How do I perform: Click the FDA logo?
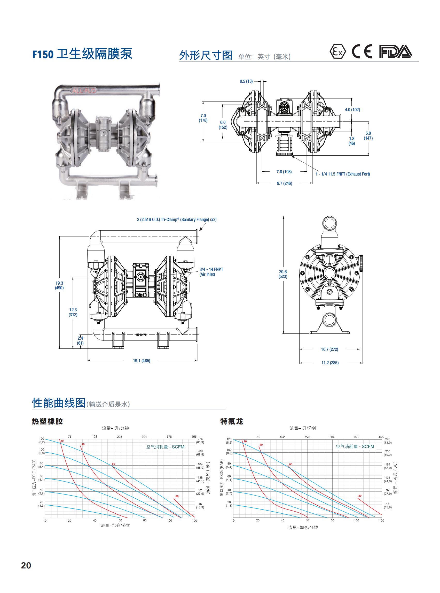[x=395, y=51]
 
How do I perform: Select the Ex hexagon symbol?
[x=338, y=52]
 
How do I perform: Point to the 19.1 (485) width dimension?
[x=142, y=361]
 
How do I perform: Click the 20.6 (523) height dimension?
[x=283, y=274]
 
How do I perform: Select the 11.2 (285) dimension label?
[x=330, y=363]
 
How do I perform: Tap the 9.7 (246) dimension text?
[x=284, y=183]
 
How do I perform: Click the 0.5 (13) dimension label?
[x=246, y=81]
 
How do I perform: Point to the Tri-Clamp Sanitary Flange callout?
[x=177, y=219]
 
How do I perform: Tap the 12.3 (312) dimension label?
[x=73, y=312]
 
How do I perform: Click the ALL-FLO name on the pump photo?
[x=84, y=91]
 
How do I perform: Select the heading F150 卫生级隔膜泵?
[x=82, y=54]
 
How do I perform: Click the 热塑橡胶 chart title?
[x=48, y=421]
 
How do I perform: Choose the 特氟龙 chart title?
[x=232, y=421]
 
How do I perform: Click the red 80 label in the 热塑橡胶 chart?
[x=177, y=496]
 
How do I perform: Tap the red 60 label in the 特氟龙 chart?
[x=290, y=464]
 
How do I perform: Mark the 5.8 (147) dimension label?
[x=368, y=135]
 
